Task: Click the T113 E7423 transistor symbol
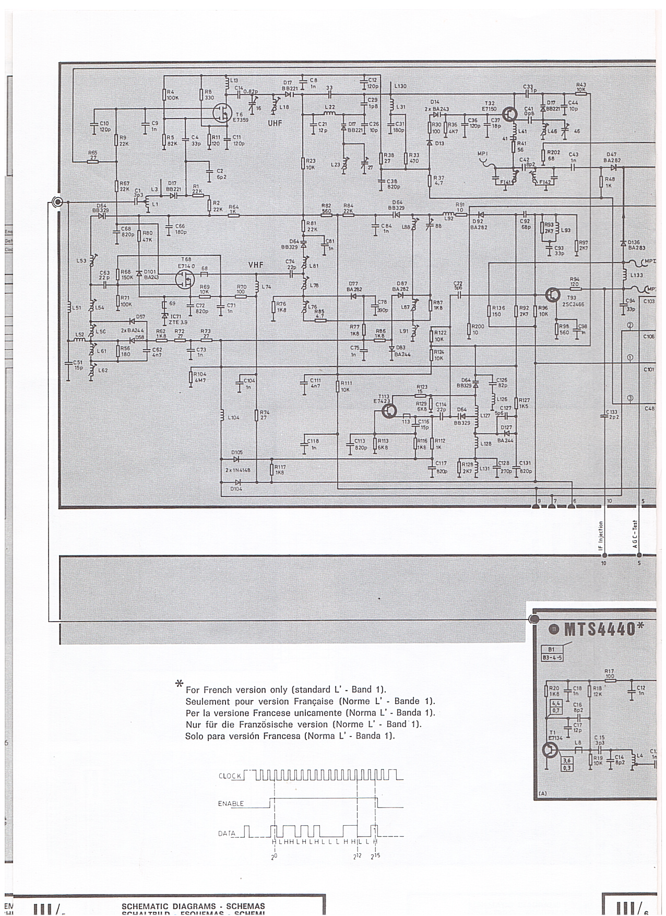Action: pyautogui.click(x=389, y=410)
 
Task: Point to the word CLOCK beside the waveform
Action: pyautogui.click(x=230, y=776)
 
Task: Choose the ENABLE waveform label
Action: pyautogui.click(x=231, y=804)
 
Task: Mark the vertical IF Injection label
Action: pyautogui.click(x=600, y=537)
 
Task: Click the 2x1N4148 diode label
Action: pyautogui.click(x=237, y=470)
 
